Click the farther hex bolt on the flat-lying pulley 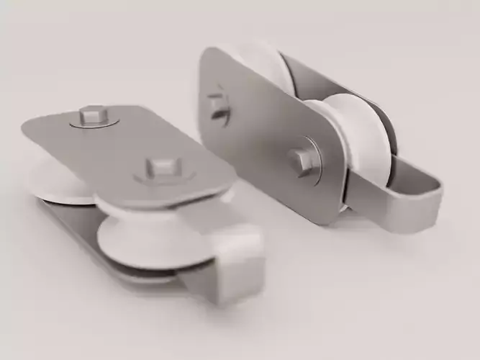pyautogui.click(x=93, y=114)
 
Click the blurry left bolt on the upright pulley pyautogui.click(x=218, y=105)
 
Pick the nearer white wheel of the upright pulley pyautogui.click(x=360, y=144)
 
